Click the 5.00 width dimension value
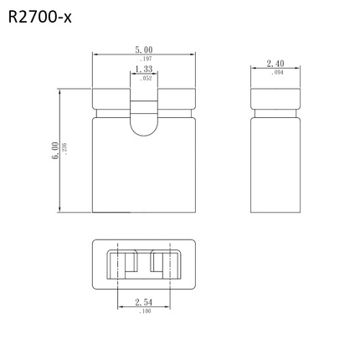tap(143, 51)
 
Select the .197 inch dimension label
tap(143, 59)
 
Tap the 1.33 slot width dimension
tap(143, 69)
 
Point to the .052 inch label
tap(143, 78)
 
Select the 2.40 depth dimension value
tap(275, 64)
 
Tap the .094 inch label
tap(275, 73)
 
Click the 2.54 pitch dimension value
tap(143, 302)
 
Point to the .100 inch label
tap(143, 311)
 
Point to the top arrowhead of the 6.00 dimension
tap(60, 90)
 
